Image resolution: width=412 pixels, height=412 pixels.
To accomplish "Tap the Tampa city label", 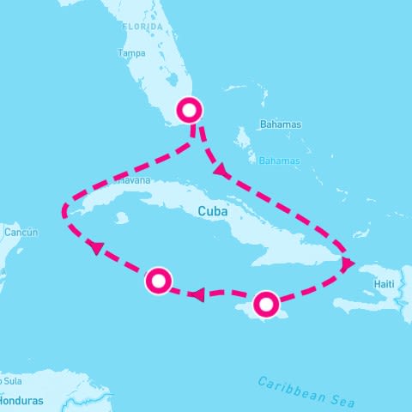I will (129, 52).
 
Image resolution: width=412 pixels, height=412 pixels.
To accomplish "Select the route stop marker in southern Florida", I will (190, 110).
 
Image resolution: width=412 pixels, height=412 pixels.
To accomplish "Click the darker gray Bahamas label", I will (282, 124).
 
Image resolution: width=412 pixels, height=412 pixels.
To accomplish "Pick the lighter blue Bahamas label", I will (280, 161).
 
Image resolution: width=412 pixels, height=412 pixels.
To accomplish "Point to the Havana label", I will (132, 181).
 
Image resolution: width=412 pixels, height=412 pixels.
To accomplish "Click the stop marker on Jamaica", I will (267, 302).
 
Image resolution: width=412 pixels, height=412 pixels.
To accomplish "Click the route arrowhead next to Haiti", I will (348, 264).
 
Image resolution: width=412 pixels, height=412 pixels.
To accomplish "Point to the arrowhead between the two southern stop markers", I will (197, 295).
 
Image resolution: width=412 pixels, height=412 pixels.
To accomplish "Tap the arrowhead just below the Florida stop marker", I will (221, 171).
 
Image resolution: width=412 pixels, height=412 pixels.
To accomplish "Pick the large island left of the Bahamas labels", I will (243, 138).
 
